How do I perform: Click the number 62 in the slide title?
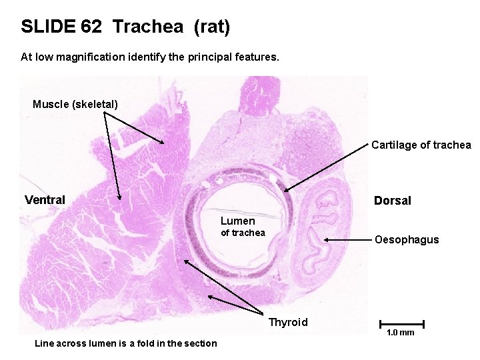(x=91, y=27)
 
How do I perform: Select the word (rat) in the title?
(x=212, y=27)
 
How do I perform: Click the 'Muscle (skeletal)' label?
(x=75, y=104)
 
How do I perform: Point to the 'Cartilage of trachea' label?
(x=421, y=145)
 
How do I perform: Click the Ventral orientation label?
(x=45, y=200)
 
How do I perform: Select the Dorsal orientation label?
(x=392, y=201)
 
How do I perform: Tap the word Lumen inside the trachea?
(x=238, y=221)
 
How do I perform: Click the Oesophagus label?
(x=407, y=239)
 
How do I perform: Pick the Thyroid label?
(x=288, y=323)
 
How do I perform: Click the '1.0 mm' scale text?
(x=400, y=333)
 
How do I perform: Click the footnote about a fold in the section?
(x=125, y=343)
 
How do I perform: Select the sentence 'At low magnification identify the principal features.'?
(x=150, y=57)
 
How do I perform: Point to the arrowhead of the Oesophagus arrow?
(x=326, y=240)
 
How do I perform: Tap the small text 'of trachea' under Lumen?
(x=243, y=233)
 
